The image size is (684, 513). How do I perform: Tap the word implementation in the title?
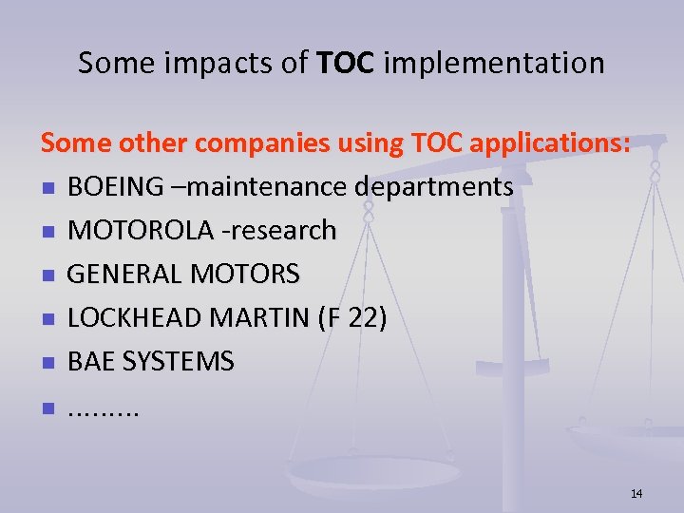click(x=494, y=64)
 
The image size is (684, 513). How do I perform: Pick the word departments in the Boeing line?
click(x=434, y=187)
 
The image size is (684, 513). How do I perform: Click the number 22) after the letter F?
click(x=367, y=318)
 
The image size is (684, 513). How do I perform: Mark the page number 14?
click(x=636, y=493)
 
